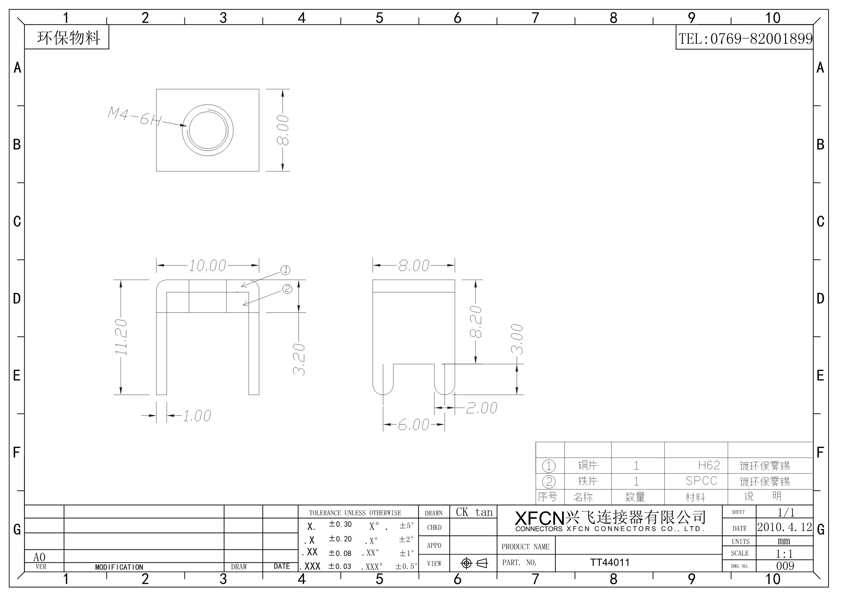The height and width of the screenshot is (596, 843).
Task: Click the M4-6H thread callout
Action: pos(135,116)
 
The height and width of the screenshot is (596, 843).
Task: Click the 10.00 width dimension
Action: pos(208,265)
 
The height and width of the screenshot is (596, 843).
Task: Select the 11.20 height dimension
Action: pos(121,337)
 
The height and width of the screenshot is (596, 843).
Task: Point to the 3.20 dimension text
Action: pos(299,359)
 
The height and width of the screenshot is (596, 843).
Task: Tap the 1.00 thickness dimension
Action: pos(197,416)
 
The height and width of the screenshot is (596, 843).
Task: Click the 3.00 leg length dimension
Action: pos(517,339)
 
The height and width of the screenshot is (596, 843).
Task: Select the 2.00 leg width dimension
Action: pos(482,408)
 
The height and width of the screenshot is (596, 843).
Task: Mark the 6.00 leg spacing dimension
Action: pos(414,425)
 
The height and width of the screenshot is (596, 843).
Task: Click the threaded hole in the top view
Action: pos(208,130)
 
